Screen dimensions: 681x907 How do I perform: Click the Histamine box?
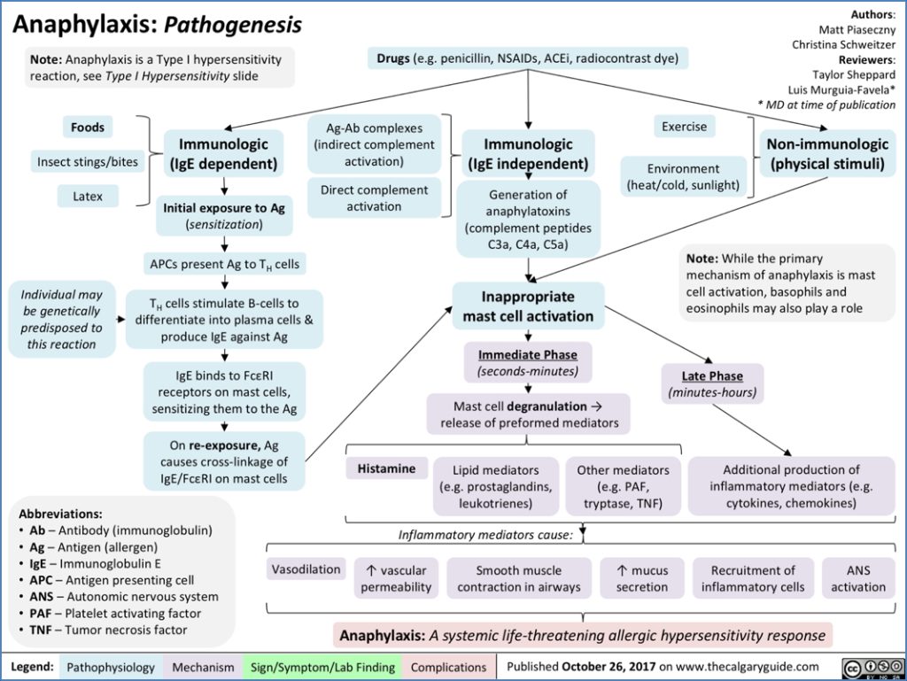pyautogui.click(x=386, y=469)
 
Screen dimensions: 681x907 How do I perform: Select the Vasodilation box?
pyautogui.click(x=306, y=569)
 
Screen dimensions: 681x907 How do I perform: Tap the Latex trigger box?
pyautogui.click(x=88, y=197)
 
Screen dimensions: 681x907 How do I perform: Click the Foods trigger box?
pyautogui.click(x=88, y=128)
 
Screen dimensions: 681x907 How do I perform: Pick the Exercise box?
pyautogui.click(x=685, y=127)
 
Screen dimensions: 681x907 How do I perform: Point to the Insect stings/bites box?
pyautogui.click(x=88, y=162)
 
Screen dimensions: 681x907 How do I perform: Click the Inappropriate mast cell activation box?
pyautogui.click(x=528, y=306)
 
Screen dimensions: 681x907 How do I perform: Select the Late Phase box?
pyautogui.click(x=713, y=383)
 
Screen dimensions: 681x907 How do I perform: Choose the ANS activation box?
pyautogui.click(x=857, y=578)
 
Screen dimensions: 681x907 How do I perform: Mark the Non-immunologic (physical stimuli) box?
pyautogui.click(x=827, y=153)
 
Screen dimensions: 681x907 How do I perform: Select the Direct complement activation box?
pyautogui.click(x=374, y=198)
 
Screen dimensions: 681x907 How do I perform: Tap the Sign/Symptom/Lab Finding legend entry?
pyautogui.click(x=322, y=667)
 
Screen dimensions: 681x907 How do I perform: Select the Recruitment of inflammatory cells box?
pyautogui.click(x=753, y=578)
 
